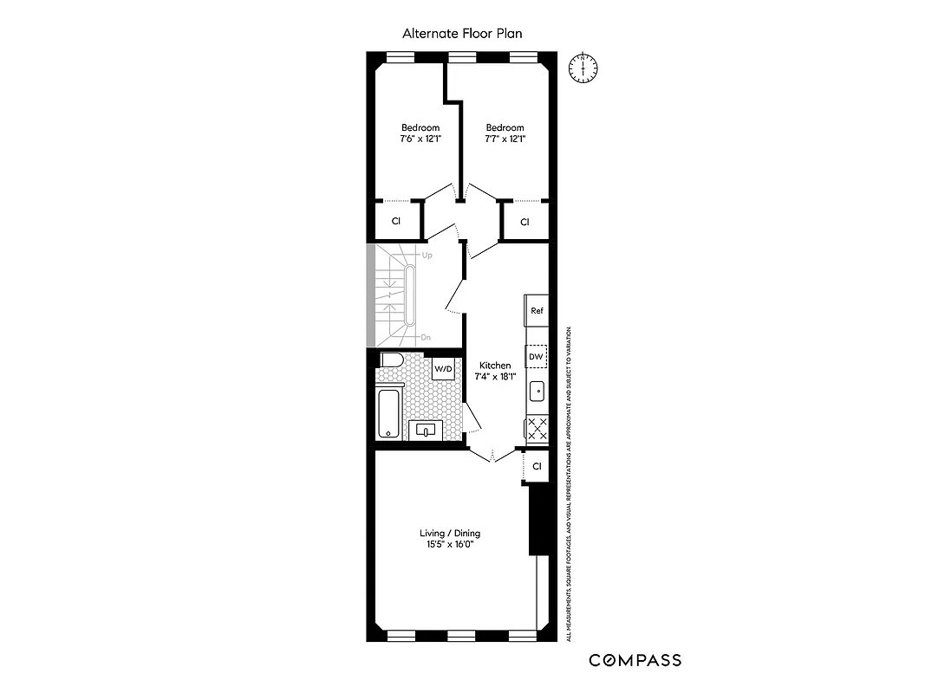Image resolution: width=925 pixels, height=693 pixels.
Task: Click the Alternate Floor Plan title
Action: point(462,34)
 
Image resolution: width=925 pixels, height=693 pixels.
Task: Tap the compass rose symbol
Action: point(584,68)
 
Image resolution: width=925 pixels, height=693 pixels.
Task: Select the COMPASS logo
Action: point(635,660)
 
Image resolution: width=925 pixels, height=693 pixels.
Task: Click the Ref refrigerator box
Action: point(537,311)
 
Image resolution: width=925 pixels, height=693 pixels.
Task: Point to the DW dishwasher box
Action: point(537,356)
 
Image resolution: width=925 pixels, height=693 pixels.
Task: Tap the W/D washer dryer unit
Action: point(444,369)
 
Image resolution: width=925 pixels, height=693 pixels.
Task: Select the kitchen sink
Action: point(537,392)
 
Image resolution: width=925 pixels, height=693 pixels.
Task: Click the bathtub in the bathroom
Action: point(389,414)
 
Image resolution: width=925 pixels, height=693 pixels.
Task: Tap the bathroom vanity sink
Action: point(426,430)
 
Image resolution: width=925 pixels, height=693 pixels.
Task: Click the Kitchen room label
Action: point(495,366)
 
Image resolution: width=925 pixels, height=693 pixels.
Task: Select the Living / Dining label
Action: point(449,533)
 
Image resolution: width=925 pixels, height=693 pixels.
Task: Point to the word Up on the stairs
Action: point(427,256)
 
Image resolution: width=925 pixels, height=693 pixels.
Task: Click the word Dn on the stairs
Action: point(426,337)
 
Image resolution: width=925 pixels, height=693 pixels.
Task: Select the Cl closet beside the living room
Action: point(537,466)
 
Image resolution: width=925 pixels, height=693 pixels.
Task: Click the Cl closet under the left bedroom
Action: point(396,221)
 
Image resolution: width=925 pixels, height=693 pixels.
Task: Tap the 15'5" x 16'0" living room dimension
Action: point(449,545)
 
